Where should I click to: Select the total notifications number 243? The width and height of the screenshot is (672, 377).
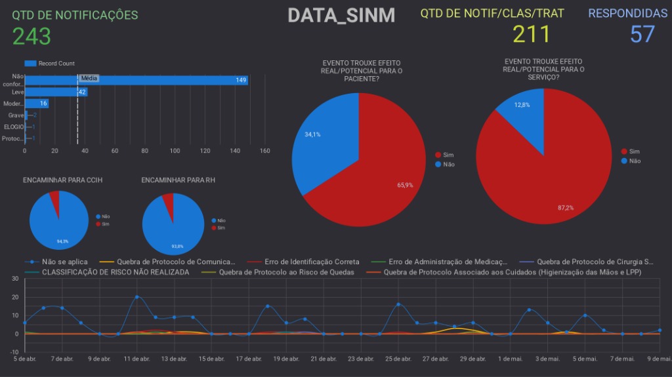(31, 36)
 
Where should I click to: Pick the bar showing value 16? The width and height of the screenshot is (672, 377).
(37, 104)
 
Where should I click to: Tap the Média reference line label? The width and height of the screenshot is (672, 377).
(89, 78)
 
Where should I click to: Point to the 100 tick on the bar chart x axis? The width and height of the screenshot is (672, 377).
(175, 151)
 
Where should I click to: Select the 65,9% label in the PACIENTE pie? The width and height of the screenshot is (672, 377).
(405, 185)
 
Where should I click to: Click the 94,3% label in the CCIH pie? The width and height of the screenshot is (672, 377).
(62, 241)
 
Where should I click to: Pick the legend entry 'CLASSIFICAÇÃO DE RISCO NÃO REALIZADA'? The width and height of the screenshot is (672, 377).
(115, 271)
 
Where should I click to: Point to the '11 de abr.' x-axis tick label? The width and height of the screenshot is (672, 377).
(136, 359)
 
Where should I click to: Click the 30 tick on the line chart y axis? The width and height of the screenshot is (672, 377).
(14, 279)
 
